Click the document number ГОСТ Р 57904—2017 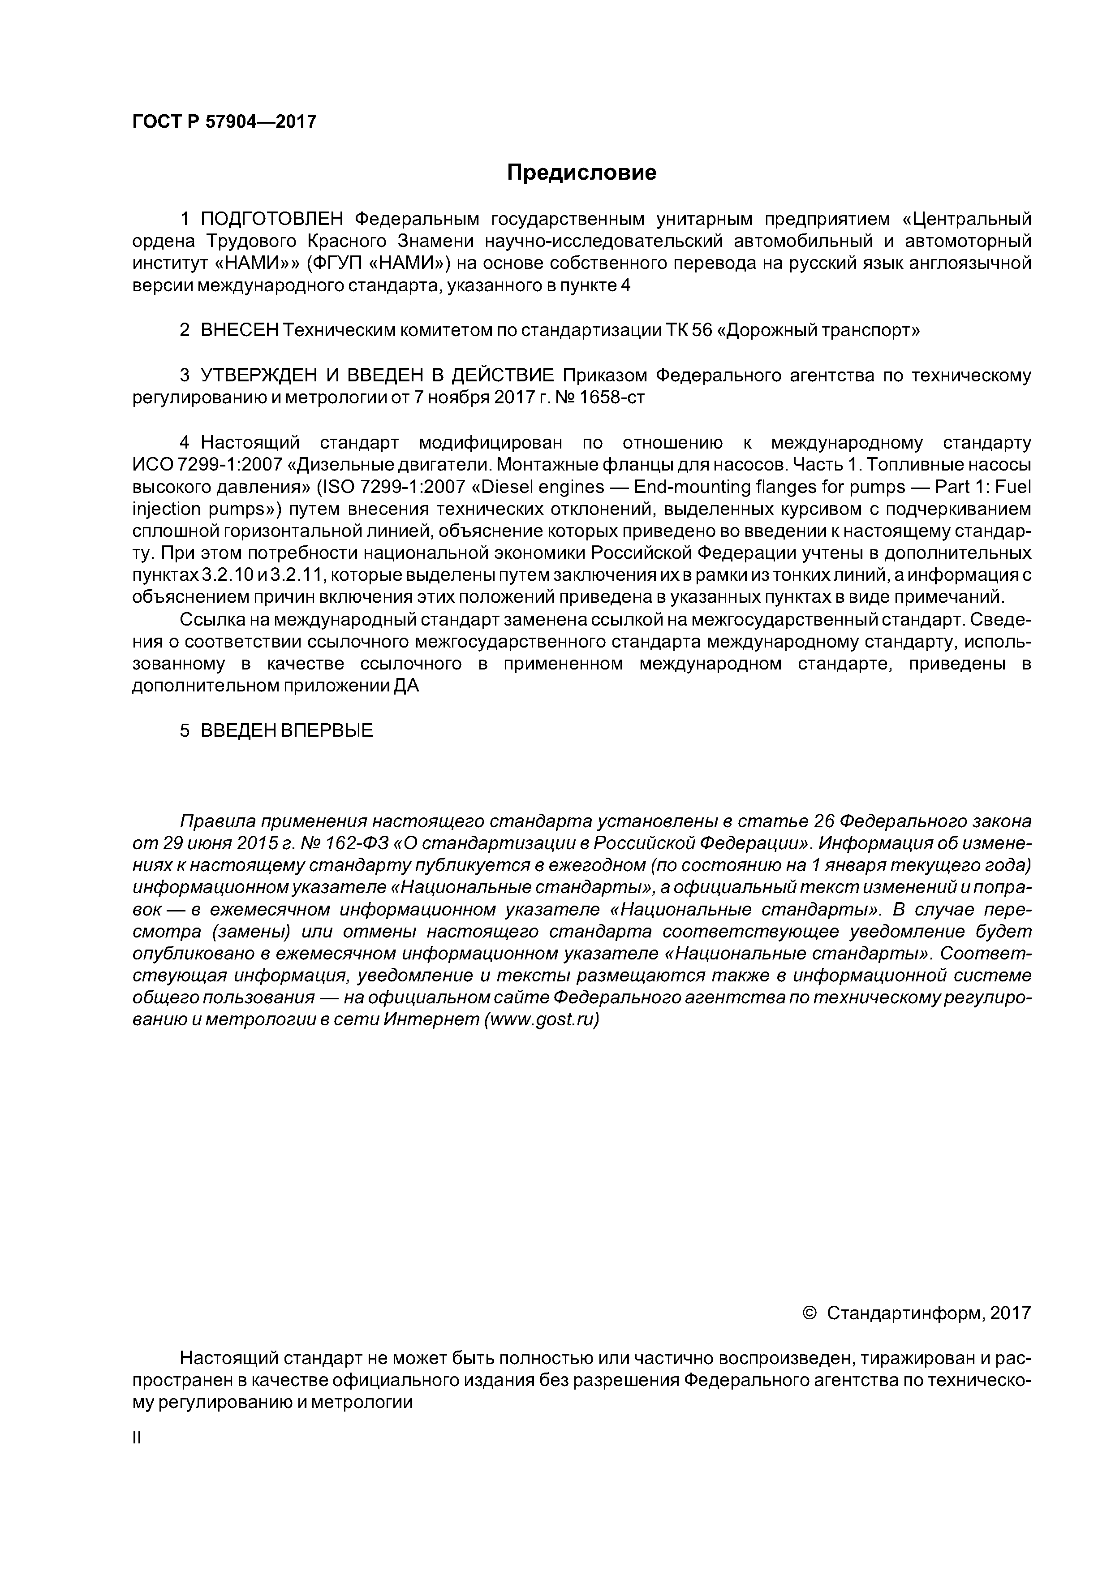(224, 122)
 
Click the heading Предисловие (581, 173)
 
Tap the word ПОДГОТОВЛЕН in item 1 (271, 219)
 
